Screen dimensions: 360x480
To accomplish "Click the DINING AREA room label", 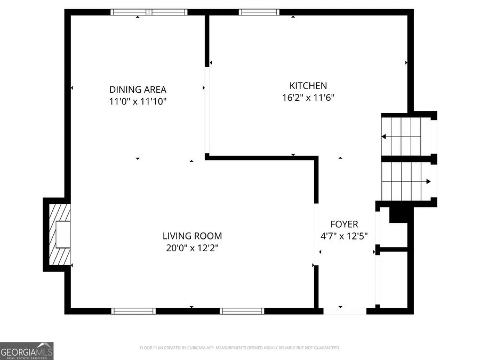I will [138, 90].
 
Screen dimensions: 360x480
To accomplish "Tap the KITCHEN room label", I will [308, 85].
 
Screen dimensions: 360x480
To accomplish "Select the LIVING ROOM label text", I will [192, 236].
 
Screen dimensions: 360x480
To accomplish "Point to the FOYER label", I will [344, 225].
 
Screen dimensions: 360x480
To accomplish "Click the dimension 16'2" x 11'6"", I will [308, 98].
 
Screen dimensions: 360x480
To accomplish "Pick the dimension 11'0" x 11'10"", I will [138, 102].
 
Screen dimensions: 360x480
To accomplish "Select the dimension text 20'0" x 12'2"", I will [192, 248].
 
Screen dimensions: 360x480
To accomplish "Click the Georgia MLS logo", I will [27, 351].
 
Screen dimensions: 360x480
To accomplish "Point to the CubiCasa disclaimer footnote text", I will [239, 348].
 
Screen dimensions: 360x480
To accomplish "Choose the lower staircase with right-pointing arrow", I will [406, 181].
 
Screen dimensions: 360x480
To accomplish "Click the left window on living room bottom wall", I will [133, 311].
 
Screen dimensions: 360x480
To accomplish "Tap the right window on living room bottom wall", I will [242, 311].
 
